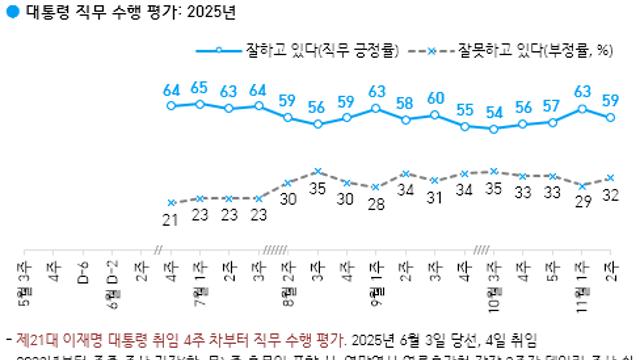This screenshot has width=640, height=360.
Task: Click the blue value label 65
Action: [x=199, y=87]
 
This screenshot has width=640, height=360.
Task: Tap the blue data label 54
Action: [x=493, y=112]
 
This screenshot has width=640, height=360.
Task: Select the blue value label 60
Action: [x=435, y=98]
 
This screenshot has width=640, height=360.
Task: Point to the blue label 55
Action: [x=465, y=109]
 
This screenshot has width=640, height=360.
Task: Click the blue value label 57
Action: [x=552, y=106]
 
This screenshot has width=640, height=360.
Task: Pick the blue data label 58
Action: [x=405, y=103]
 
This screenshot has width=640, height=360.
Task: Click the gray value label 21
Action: [x=171, y=219]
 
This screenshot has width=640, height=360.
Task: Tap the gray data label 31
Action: [x=435, y=198]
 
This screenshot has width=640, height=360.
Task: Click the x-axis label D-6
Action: [x=83, y=270]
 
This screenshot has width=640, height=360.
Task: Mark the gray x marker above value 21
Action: [x=171, y=202]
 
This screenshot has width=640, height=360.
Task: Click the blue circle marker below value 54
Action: [x=493, y=129]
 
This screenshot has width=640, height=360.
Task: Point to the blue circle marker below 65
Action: [x=200, y=103]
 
